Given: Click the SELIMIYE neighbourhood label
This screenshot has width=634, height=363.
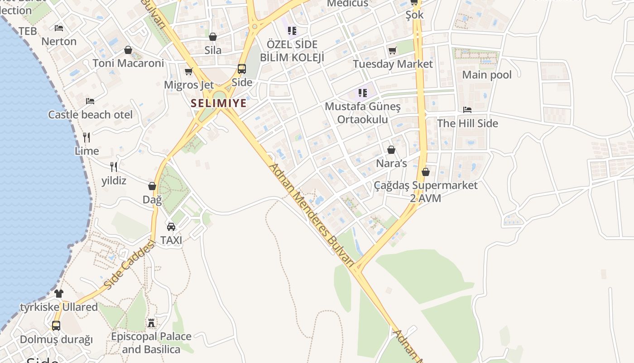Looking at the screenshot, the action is coord(219,103).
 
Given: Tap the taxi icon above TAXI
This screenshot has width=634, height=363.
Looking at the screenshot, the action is coord(171,226).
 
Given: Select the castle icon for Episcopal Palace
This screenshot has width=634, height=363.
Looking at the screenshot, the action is coord(151,323).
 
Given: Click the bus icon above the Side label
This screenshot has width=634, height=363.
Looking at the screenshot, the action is coord(242,69).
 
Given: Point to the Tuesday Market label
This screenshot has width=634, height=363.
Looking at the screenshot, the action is coord(393,64).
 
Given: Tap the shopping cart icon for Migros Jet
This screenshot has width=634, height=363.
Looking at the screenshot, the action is coord(189,72).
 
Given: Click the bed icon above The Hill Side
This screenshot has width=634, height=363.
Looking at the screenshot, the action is coord(467,110).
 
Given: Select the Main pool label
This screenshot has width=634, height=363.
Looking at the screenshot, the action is coord(487,75).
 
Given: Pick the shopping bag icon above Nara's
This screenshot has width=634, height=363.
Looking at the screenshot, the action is coord(391,150).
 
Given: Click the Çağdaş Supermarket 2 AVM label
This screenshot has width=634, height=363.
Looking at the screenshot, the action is coord(426,191).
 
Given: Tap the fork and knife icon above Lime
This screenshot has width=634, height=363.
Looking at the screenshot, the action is coord(86,137).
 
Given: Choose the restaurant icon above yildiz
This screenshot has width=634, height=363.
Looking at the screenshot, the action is coord(114,167).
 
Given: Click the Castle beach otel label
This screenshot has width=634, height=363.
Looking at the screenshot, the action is coord(91,115).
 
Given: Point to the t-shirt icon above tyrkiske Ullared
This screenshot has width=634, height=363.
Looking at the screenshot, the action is coord(59,294).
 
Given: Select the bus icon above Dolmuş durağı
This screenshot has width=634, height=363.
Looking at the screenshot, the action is coord(56,326).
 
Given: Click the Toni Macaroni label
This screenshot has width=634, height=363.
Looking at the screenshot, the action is coord(128,63).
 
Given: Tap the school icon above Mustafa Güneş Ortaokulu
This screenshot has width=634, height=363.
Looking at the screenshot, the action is coord(362,93).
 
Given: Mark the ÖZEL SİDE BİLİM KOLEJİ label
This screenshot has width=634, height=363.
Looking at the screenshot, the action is coord(292,51).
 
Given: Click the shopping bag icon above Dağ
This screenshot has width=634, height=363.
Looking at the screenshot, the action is coord(152,186).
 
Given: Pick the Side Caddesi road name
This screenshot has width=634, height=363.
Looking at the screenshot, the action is coord(129,265).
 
